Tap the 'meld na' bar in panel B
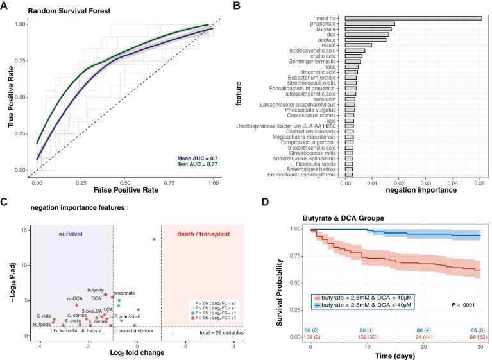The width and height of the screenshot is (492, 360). point(413,17)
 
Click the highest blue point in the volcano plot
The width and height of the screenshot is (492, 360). point(154,239)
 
